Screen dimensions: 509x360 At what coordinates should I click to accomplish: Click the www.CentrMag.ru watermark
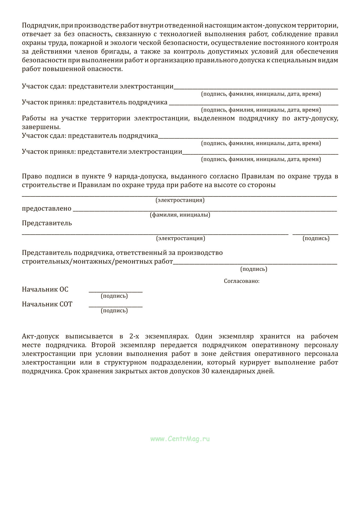180,439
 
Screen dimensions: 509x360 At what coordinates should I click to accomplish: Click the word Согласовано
241,281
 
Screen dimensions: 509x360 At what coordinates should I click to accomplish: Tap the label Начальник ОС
45,289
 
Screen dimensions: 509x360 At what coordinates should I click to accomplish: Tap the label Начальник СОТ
47,304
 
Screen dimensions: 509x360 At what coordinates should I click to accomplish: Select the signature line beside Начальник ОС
115,292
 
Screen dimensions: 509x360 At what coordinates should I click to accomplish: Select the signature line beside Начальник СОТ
115,306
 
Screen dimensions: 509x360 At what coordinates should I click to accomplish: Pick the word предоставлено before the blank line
46,208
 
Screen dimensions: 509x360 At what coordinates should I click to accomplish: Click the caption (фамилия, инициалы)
180,215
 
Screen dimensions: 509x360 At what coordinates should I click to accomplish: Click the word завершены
41,127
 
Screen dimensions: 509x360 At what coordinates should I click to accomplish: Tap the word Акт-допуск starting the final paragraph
40,336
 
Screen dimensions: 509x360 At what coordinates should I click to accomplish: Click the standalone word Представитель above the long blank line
47,223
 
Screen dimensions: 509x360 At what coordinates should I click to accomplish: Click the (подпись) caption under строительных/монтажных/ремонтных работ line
253,269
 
